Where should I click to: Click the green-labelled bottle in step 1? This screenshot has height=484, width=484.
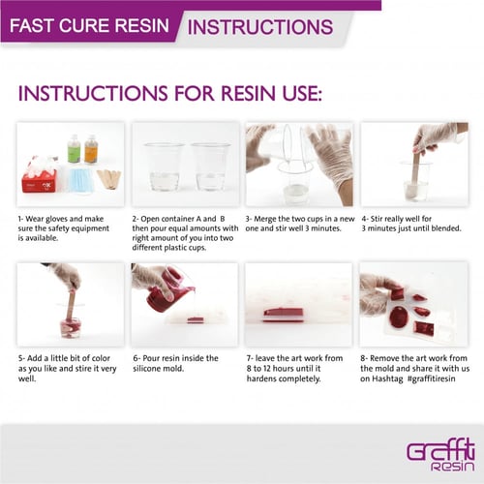(x=74, y=148)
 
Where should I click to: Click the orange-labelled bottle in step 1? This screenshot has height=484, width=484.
(x=91, y=148)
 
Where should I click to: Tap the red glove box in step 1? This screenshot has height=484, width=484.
(x=40, y=181)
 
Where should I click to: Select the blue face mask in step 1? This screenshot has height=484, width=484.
(x=80, y=180)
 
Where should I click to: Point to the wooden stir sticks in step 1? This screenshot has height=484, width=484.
(x=109, y=179)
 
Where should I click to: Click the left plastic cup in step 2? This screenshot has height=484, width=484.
(x=165, y=166)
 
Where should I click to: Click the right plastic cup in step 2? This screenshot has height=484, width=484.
(x=210, y=166)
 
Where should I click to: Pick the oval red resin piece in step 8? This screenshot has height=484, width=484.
(x=400, y=318)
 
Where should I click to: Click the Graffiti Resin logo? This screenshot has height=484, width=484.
(x=440, y=455)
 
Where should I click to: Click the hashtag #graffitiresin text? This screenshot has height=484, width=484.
(x=432, y=378)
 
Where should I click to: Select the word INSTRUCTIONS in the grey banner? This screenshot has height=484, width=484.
(x=260, y=27)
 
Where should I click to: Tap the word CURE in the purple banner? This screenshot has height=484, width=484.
(x=84, y=25)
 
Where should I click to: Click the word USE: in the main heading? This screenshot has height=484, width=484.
(x=302, y=93)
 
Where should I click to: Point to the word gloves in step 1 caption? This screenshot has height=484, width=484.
(x=58, y=219)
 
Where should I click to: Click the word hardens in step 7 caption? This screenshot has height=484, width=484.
(x=261, y=378)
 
